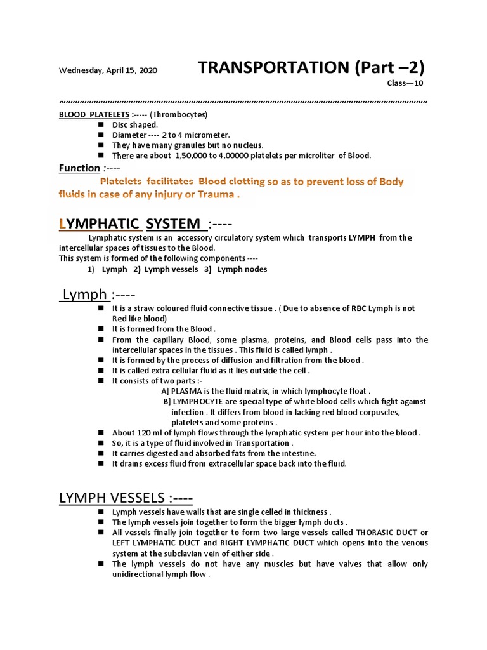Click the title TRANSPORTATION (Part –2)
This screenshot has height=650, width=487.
pos(311,68)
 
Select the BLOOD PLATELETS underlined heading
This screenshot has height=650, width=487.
pos(94,114)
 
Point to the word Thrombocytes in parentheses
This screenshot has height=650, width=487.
pos(182,114)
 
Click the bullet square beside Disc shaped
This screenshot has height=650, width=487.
pos(100,124)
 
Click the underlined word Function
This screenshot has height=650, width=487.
pos(79,168)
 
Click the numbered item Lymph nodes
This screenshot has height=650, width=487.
pos(242,269)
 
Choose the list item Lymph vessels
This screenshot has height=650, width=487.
pos(171,269)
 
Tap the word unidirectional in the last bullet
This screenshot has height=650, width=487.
pos(140,574)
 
